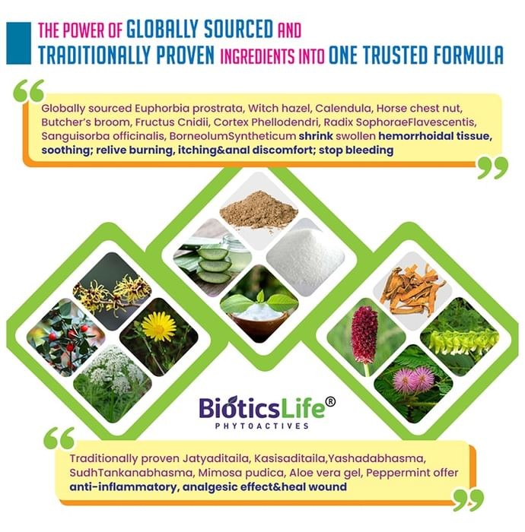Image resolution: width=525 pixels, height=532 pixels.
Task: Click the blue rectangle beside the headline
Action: point(19,43)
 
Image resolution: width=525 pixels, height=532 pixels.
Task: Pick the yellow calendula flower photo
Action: point(158,337)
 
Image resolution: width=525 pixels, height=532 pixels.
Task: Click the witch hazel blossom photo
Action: point(112,291)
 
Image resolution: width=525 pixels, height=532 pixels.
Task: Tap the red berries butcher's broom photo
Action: point(66,337)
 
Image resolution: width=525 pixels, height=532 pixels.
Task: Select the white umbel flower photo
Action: point(113,384)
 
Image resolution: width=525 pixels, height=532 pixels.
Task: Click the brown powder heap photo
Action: point(259,211)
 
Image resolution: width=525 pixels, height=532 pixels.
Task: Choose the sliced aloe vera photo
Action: point(212,257)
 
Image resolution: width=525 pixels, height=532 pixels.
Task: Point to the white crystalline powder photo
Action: point(305,257)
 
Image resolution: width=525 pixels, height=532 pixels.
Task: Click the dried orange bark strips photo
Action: point(412,291)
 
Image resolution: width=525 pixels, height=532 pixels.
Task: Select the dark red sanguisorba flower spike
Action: point(364,334)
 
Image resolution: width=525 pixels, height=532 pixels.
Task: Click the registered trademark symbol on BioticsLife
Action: point(330,402)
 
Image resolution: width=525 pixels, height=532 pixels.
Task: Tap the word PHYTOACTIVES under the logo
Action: point(262,426)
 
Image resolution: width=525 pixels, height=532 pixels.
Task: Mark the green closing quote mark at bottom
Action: point(468,500)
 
